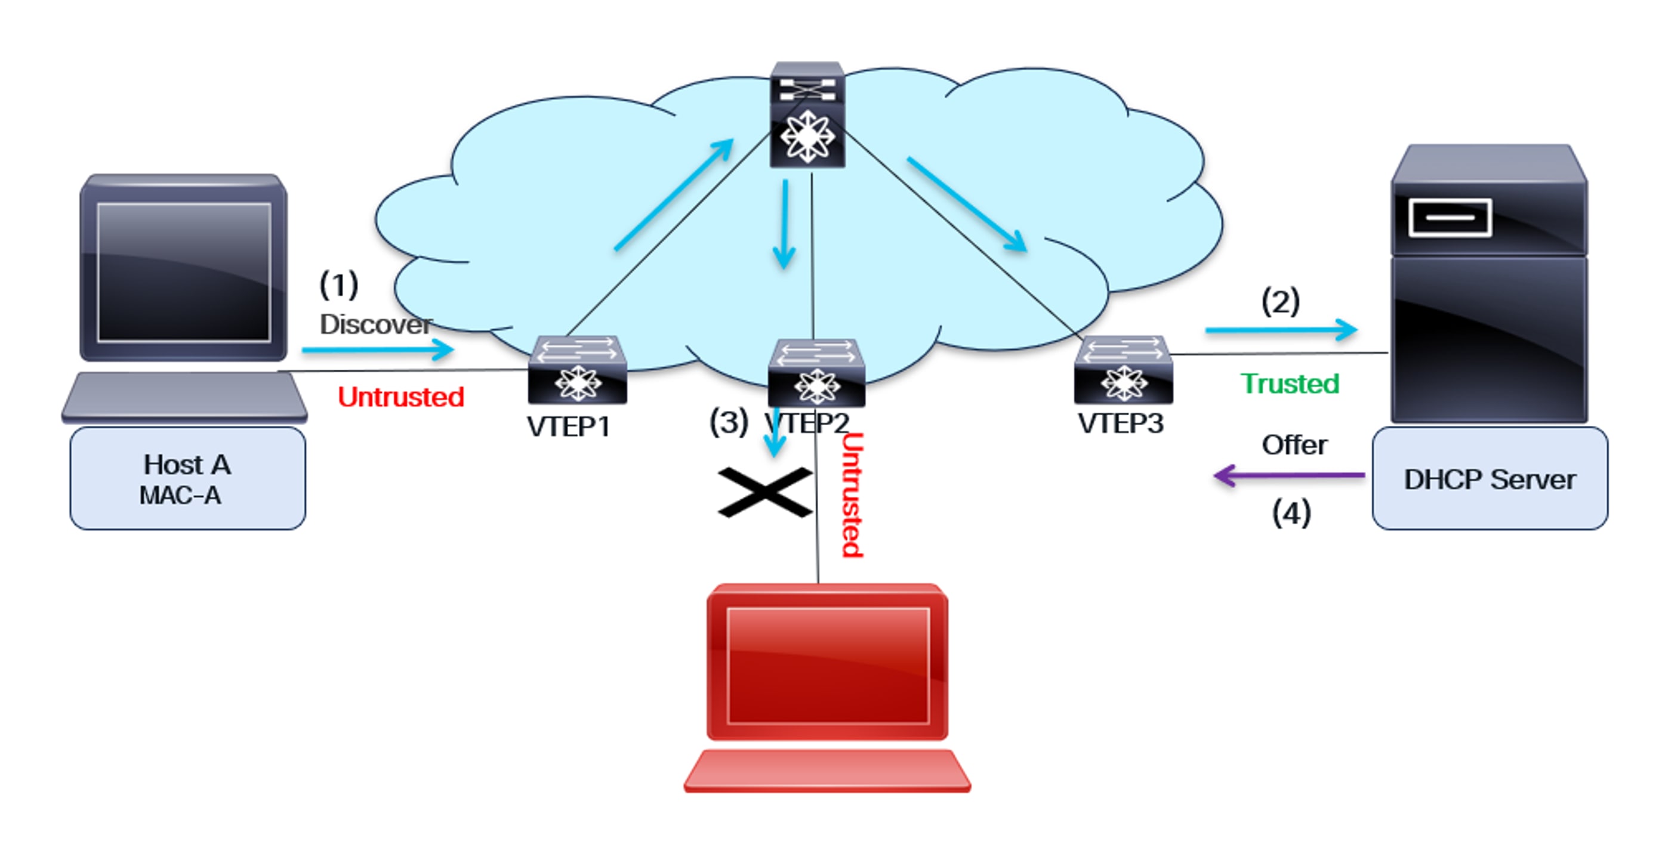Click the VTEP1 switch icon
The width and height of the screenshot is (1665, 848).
577,371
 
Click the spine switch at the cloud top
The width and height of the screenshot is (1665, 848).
807,116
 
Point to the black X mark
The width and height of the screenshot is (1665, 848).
764,492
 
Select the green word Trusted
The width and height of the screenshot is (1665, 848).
1290,383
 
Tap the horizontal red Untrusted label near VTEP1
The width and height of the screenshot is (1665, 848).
401,397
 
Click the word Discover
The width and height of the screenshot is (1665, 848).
375,324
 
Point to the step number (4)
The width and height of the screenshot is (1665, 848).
1291,513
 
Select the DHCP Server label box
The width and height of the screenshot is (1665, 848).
1489,479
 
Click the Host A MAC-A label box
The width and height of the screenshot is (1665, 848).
187,479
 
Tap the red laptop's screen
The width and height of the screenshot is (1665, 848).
827,666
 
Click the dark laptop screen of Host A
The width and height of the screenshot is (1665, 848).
184,272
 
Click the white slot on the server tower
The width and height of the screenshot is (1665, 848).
1450,218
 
